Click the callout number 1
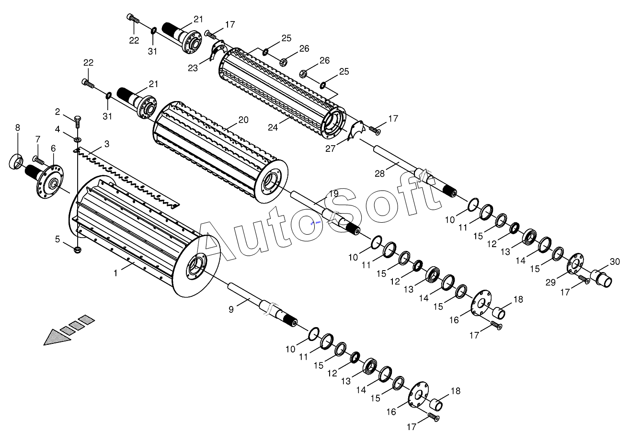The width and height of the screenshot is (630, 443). click(115, 273)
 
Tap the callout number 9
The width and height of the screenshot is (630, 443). click(231, 309)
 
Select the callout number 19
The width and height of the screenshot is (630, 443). click(333, 193)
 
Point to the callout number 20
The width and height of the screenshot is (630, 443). click(243, 120)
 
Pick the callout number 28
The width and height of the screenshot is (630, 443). click(379, 174)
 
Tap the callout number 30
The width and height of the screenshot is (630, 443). click(615, 261)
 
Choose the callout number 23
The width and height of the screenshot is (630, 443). click(193, 68)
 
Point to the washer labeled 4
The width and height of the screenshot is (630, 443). click(78, 138)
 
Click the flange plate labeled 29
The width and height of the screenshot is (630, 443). click(575, 263)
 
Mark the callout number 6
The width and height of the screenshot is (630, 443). click(53, 148)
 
